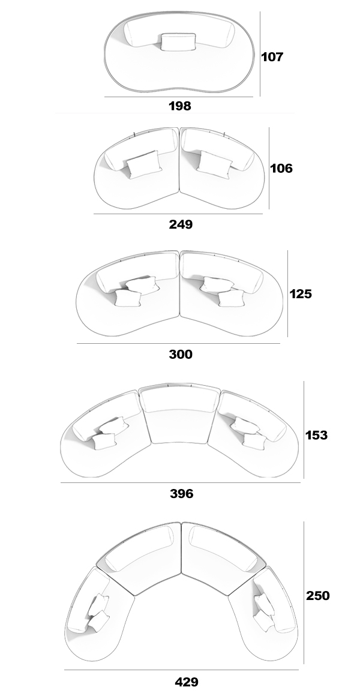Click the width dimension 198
pyautogui.click(x=180, y=106)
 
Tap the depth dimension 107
pyautogui.click(x=272, y=57)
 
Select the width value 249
pyautogui.click(x=181, y=224)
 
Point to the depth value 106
pyautogui.click(x=281, y=168)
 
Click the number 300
pyautogui.click(x=181, y=354)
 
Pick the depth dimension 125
pyautogui.click(x=301, y=294)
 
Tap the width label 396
pyautogui.click(x=182, y=493)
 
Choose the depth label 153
pyautogui.click(x=316, y=435)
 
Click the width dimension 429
pyautogui.click(x=187, y=682)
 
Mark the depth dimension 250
pyautogui.click(x=318, y=595)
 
